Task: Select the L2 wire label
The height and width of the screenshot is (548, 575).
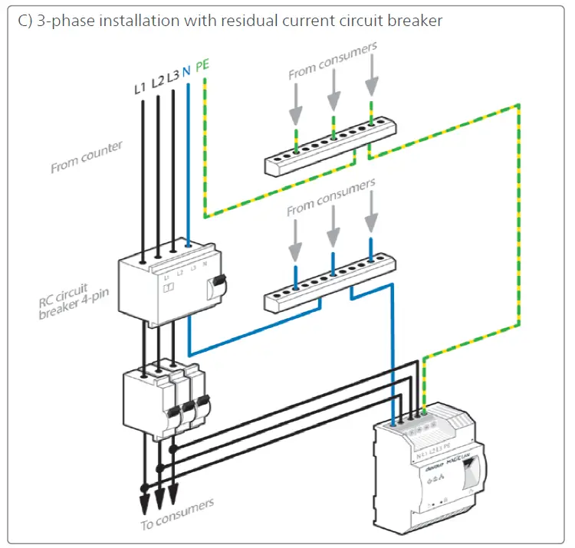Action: (x=156, y=82)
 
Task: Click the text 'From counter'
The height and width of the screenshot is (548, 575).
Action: (x=86, y=156)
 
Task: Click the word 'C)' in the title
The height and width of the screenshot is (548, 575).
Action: (x=25, y=21)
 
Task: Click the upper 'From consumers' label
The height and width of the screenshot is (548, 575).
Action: (x=332, y=61)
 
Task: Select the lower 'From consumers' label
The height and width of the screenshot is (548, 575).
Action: (x=331, y=197)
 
